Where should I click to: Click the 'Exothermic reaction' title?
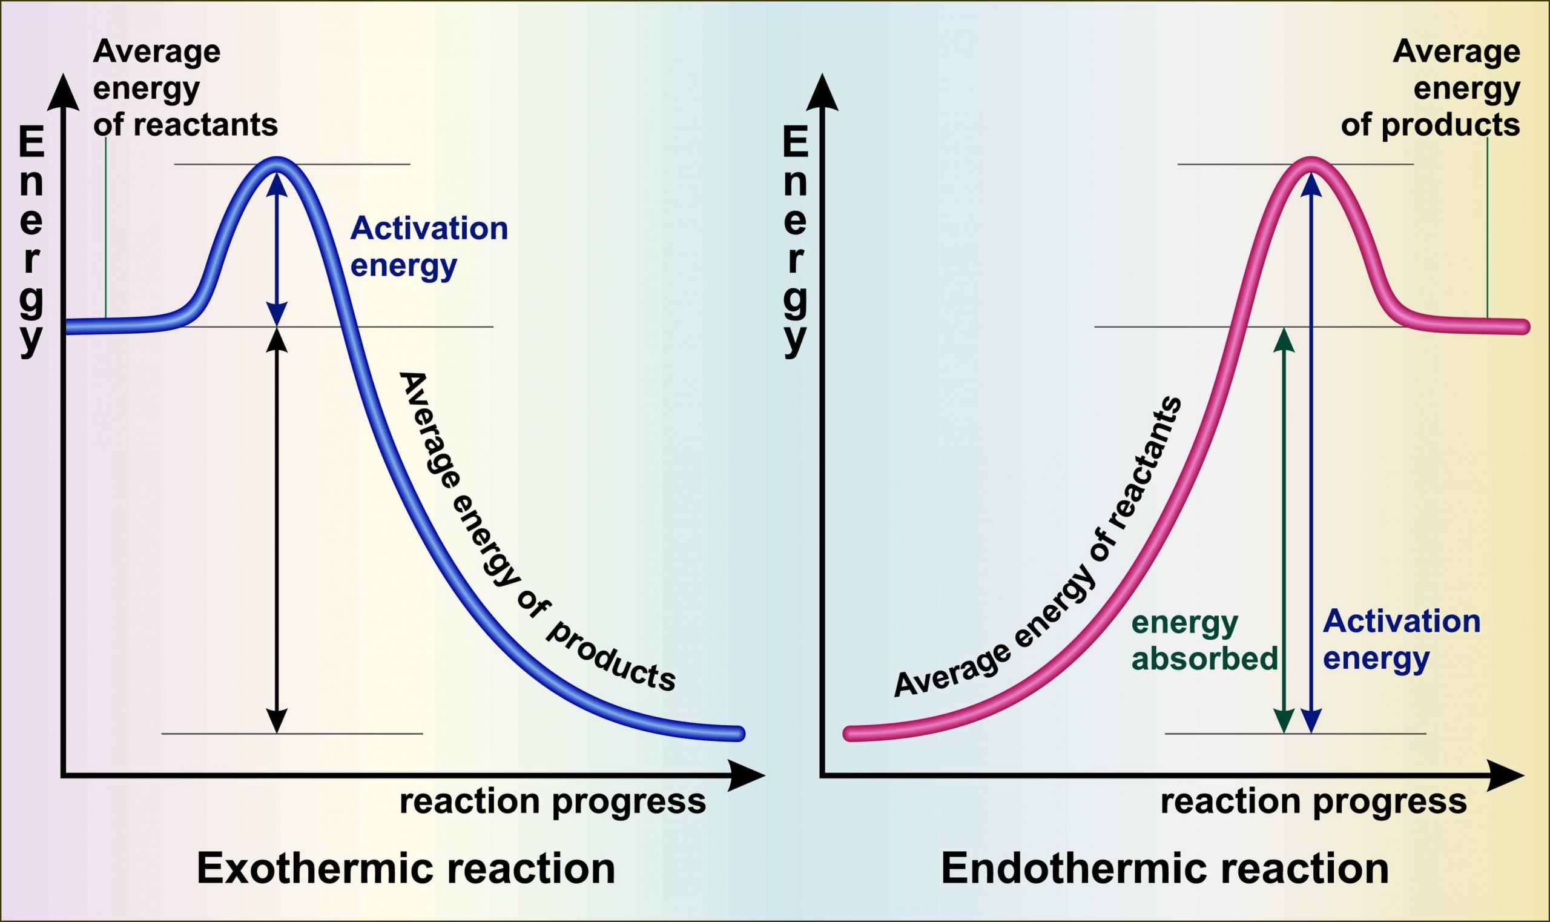click(x=406, y=869)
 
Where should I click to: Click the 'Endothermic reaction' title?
click(x=1164, y=869)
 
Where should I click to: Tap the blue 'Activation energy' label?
click(x=429, y=247)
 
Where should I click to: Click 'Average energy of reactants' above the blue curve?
click(x=185, y=88)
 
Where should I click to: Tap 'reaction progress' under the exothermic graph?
click(x=553, y=801)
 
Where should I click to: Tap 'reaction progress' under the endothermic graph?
click(x=1313, y=801)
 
